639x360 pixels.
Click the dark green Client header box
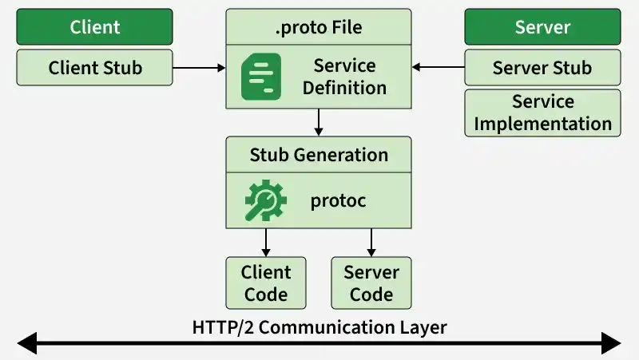[x=94, y=27]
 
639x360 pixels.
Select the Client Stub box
[x=94, y=68]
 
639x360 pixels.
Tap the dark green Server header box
[x=542, y=27]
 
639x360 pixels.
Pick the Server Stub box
[x=542, y=68]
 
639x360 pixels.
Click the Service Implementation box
[x=542, y=113]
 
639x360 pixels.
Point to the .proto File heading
[x=319, y=27]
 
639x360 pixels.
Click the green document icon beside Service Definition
[x=261, y=77]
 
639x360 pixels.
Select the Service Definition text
[x=344, y=77]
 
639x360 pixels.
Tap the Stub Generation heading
[x=319, y=155]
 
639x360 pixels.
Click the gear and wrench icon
[x=265, y=200]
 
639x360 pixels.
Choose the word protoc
[x=338, y=201]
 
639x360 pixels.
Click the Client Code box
[x=266, y=283]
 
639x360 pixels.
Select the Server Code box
[x=371, y=283]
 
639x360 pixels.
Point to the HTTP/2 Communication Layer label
[x=319, y=327]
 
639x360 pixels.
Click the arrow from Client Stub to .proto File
[x=199, y=68]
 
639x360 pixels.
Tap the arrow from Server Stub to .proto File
[x=438, y=67]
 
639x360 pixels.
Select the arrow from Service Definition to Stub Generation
[x=319, y=122]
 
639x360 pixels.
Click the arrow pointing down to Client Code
[x=266, y=243]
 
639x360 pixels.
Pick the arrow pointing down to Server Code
[x=371, y=243]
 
